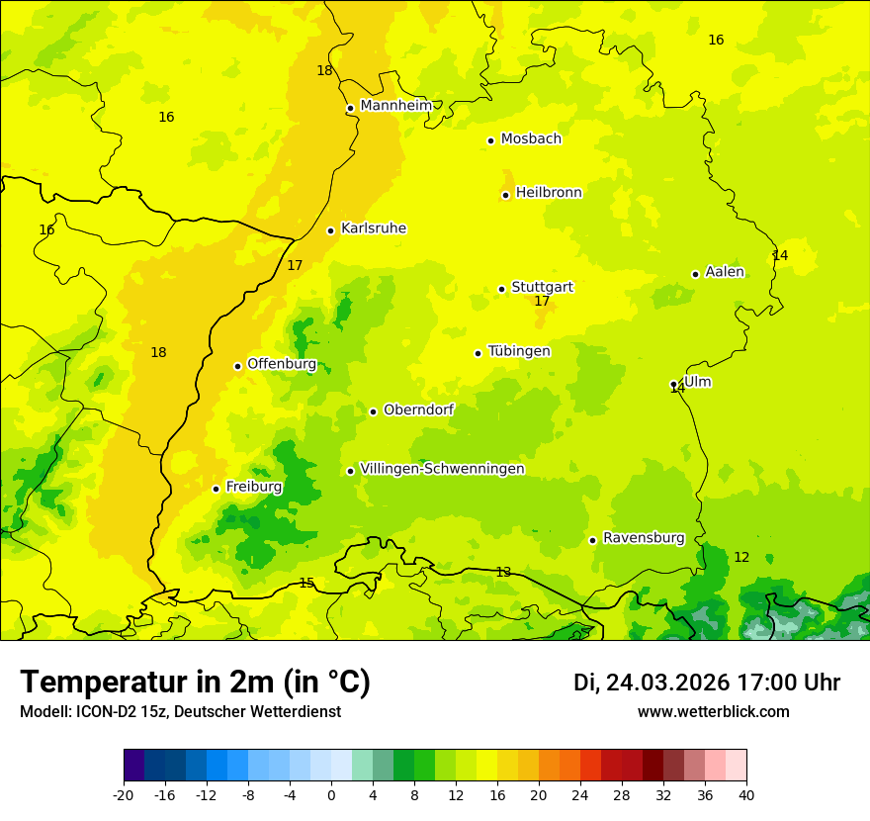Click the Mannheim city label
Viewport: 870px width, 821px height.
coord(395,106)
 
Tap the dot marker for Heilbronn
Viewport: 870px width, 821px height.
coord(505,195)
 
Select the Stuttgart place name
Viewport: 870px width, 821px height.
coord(542,287)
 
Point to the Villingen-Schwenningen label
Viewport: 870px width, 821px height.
coord(442,469)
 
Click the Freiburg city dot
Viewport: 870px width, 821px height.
coord(216,489)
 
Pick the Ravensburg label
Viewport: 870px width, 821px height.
coord(643,538)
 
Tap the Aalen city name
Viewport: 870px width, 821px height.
coord(724,272)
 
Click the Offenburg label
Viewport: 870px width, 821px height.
coord(281,364)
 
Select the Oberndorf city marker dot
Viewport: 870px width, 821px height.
coord(373,411)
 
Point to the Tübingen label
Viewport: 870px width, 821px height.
coord(518,351)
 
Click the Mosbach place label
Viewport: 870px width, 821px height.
coord(530,139)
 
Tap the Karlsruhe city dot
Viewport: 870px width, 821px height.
coord(330,230)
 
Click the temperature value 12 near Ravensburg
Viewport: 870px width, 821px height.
coord(740,558)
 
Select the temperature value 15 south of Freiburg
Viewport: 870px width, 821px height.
coord(306,583)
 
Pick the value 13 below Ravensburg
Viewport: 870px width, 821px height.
coord(503,572)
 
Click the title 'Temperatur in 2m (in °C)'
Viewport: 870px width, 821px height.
coord(195,683)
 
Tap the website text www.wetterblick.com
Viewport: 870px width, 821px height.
coord(713,712)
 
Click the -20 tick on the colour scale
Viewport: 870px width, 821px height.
coord(124,794)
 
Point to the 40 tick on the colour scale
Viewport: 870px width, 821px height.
coord(746,794)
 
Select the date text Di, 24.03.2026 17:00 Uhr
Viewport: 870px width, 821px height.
coord(706,683)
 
